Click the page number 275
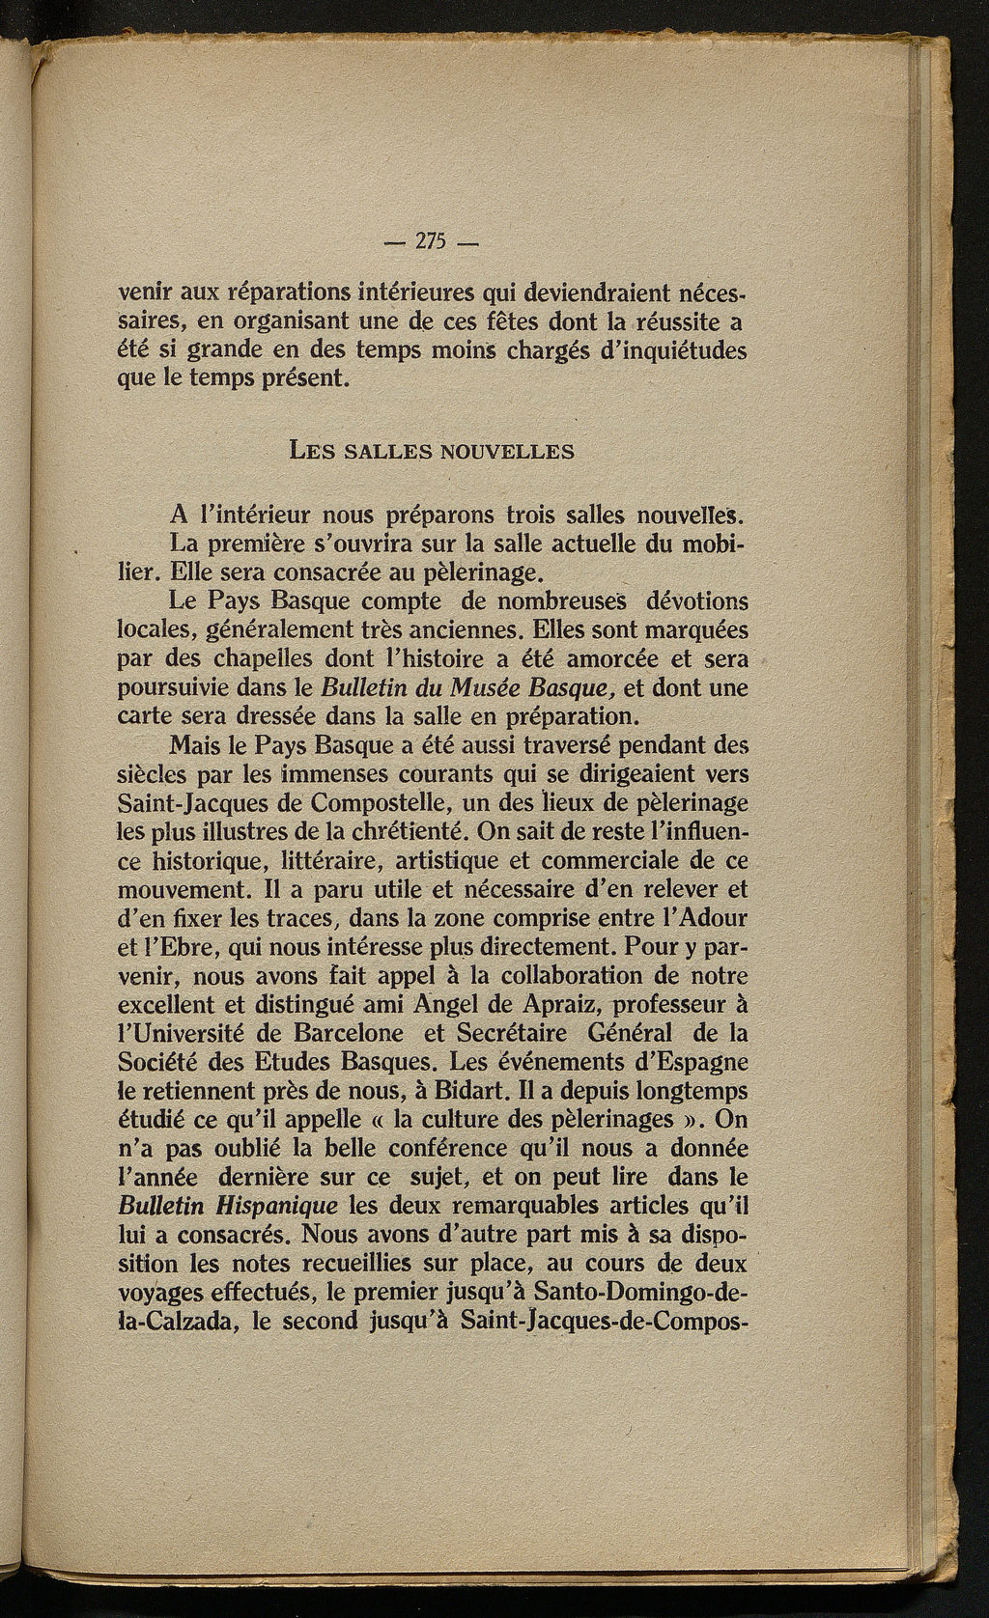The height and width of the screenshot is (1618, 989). (427, 242)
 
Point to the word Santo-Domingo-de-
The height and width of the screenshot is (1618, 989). (642, 1292)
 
